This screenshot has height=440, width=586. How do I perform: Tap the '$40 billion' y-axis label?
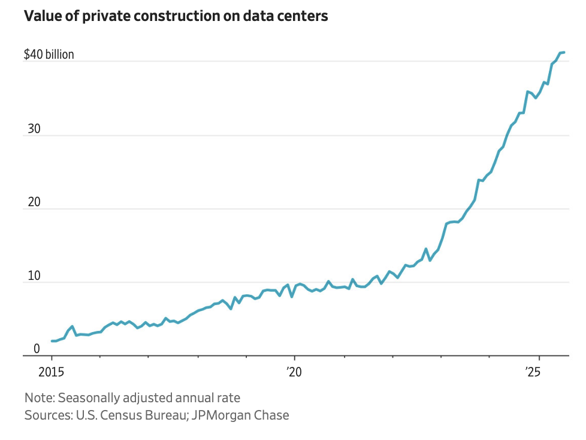point(49,55)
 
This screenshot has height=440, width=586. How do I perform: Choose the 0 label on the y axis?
point(36,349)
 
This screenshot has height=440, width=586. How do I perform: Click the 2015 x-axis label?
point(52,371)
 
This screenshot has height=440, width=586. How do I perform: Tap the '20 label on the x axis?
point(295,371)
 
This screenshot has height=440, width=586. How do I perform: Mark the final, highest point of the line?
point(564,53)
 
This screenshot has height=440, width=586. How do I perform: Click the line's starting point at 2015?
point(52,341)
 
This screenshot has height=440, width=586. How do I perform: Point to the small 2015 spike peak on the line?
point(72,327)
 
